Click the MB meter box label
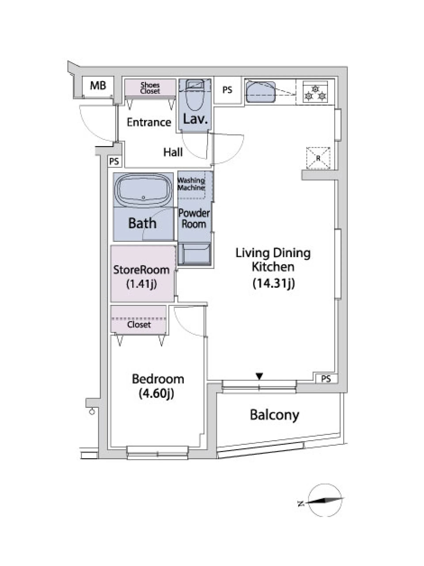98,85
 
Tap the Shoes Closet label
150,88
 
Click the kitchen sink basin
260,91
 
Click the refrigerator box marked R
318,158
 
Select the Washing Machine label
191,184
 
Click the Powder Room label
194,218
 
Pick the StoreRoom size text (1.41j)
141,284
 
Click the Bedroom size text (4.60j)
157,393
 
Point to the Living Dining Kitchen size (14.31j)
274,283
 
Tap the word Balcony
274,415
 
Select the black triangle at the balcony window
259,376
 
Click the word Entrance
149,122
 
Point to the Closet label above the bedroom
139,324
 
